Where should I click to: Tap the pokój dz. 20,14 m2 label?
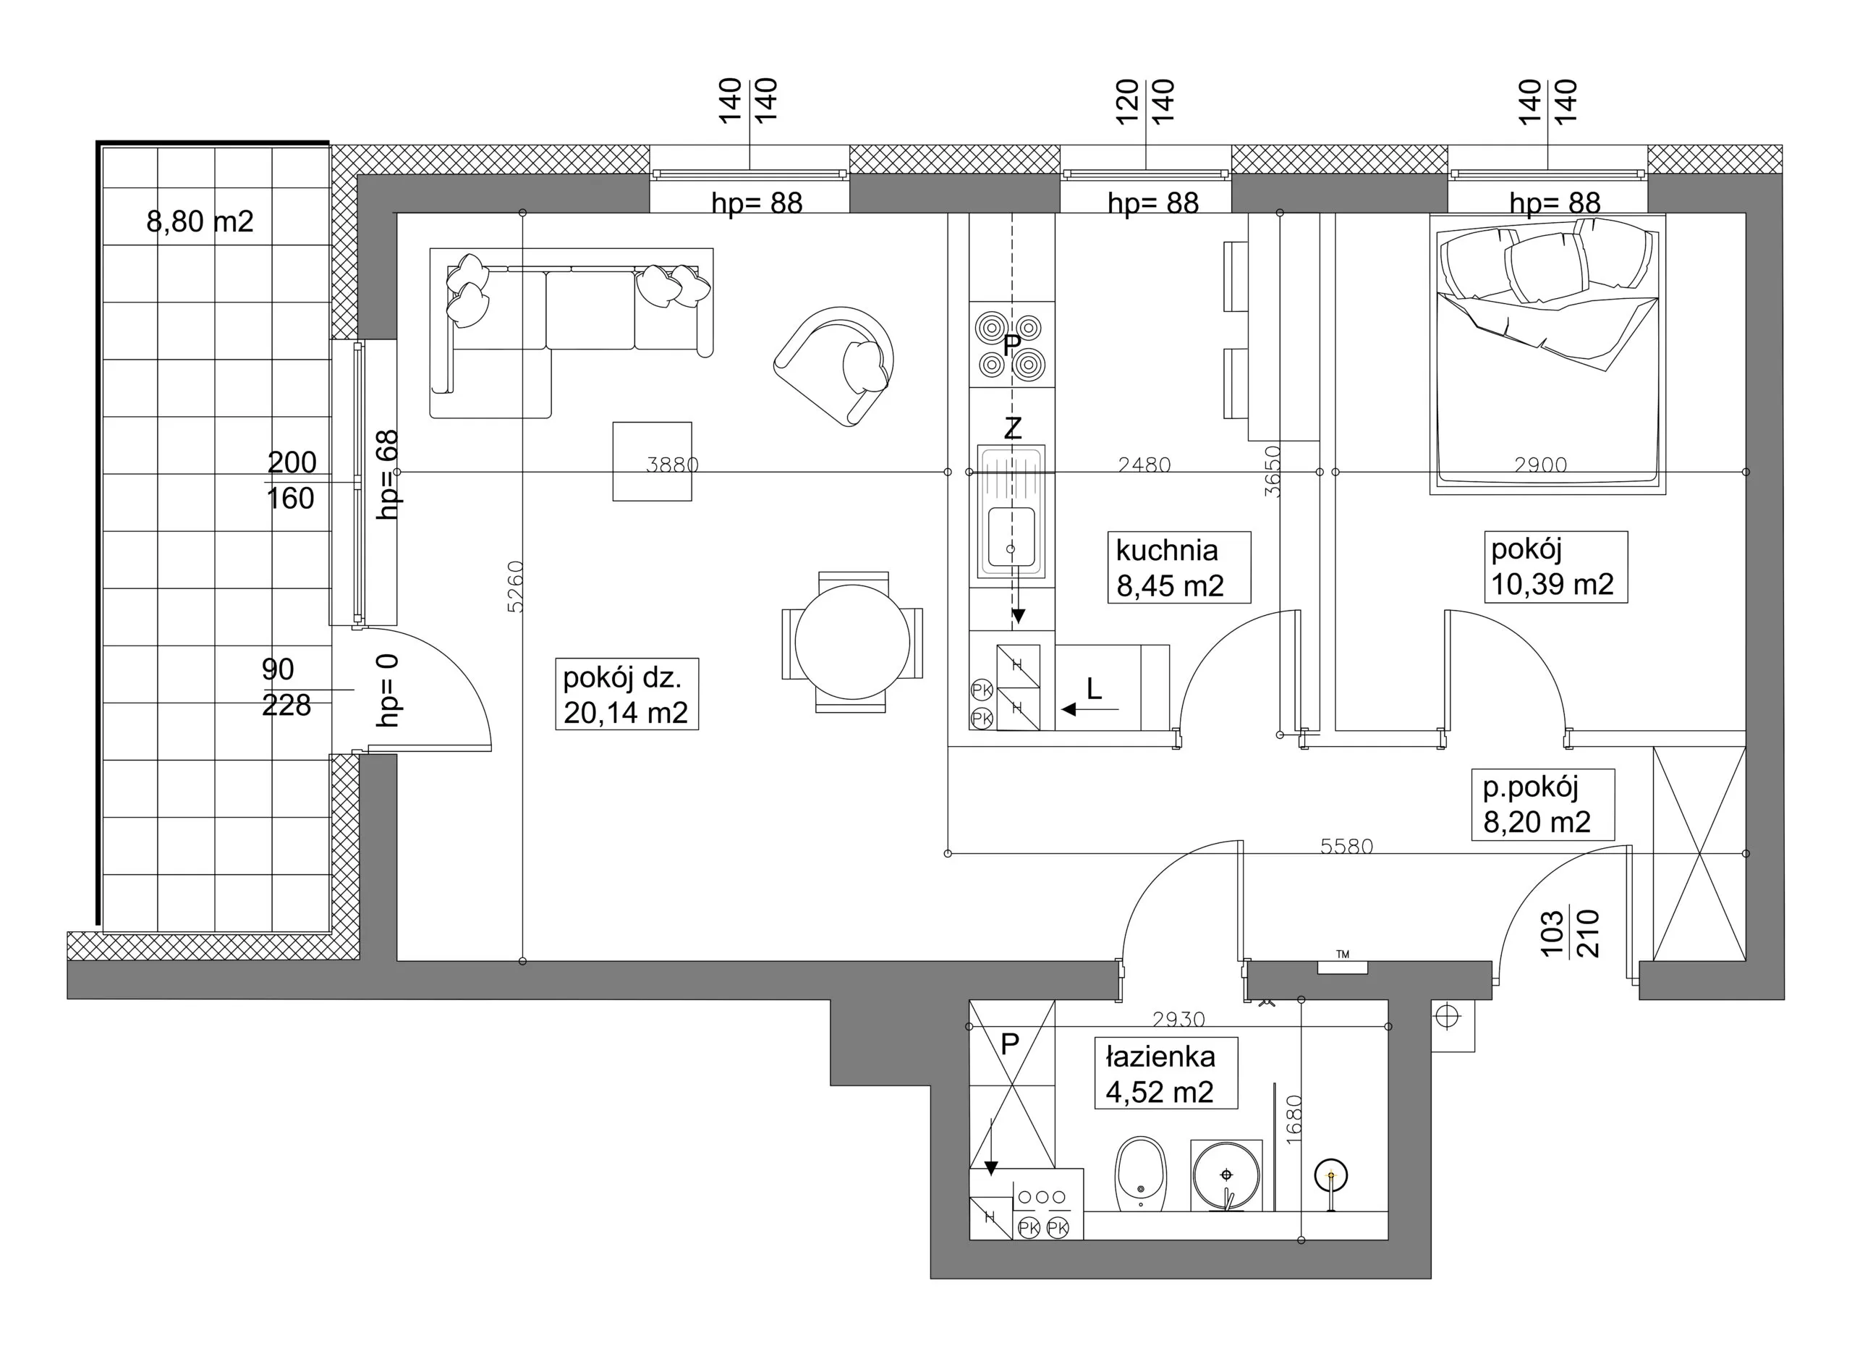tap(626, 695)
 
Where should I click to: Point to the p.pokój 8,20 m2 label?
tap(1537, 805)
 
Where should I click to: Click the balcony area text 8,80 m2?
tap(200, 221)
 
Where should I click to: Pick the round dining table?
tap(851, 642)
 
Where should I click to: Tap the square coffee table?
tap(653, 462)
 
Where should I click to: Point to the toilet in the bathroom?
tap(1141, 1174)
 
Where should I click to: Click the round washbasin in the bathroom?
tap(1226, 1175)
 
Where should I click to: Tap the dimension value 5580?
tap(1346, 846)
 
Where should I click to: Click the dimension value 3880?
tap(672, 465)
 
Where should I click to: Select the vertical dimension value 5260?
tap(514, 586)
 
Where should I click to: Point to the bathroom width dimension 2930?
tap(1178, 1020)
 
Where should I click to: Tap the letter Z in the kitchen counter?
tap(1013, 428)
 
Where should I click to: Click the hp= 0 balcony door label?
tap(388, 690)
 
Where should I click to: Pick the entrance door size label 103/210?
tap(1569, 933)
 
